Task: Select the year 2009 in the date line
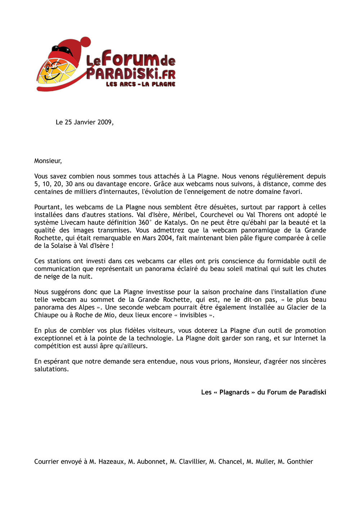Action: (105, 122)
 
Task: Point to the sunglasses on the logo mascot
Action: (62, 50)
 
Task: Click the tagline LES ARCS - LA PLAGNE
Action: (140, 84)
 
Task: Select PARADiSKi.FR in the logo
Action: (131, 74)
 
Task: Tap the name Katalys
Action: (175, 223)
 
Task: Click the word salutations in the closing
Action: (51, 369)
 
